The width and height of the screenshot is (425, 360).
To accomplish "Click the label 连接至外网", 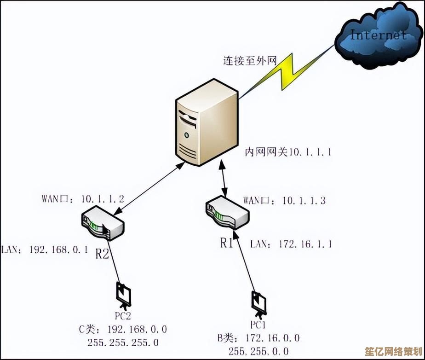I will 250,60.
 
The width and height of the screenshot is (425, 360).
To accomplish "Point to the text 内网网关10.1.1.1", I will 287,152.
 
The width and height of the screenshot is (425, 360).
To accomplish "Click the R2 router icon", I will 103,224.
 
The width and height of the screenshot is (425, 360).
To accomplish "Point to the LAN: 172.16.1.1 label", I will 291,244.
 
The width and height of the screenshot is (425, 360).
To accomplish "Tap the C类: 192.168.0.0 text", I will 123,330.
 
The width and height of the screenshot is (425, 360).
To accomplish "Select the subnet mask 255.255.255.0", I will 123,343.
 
